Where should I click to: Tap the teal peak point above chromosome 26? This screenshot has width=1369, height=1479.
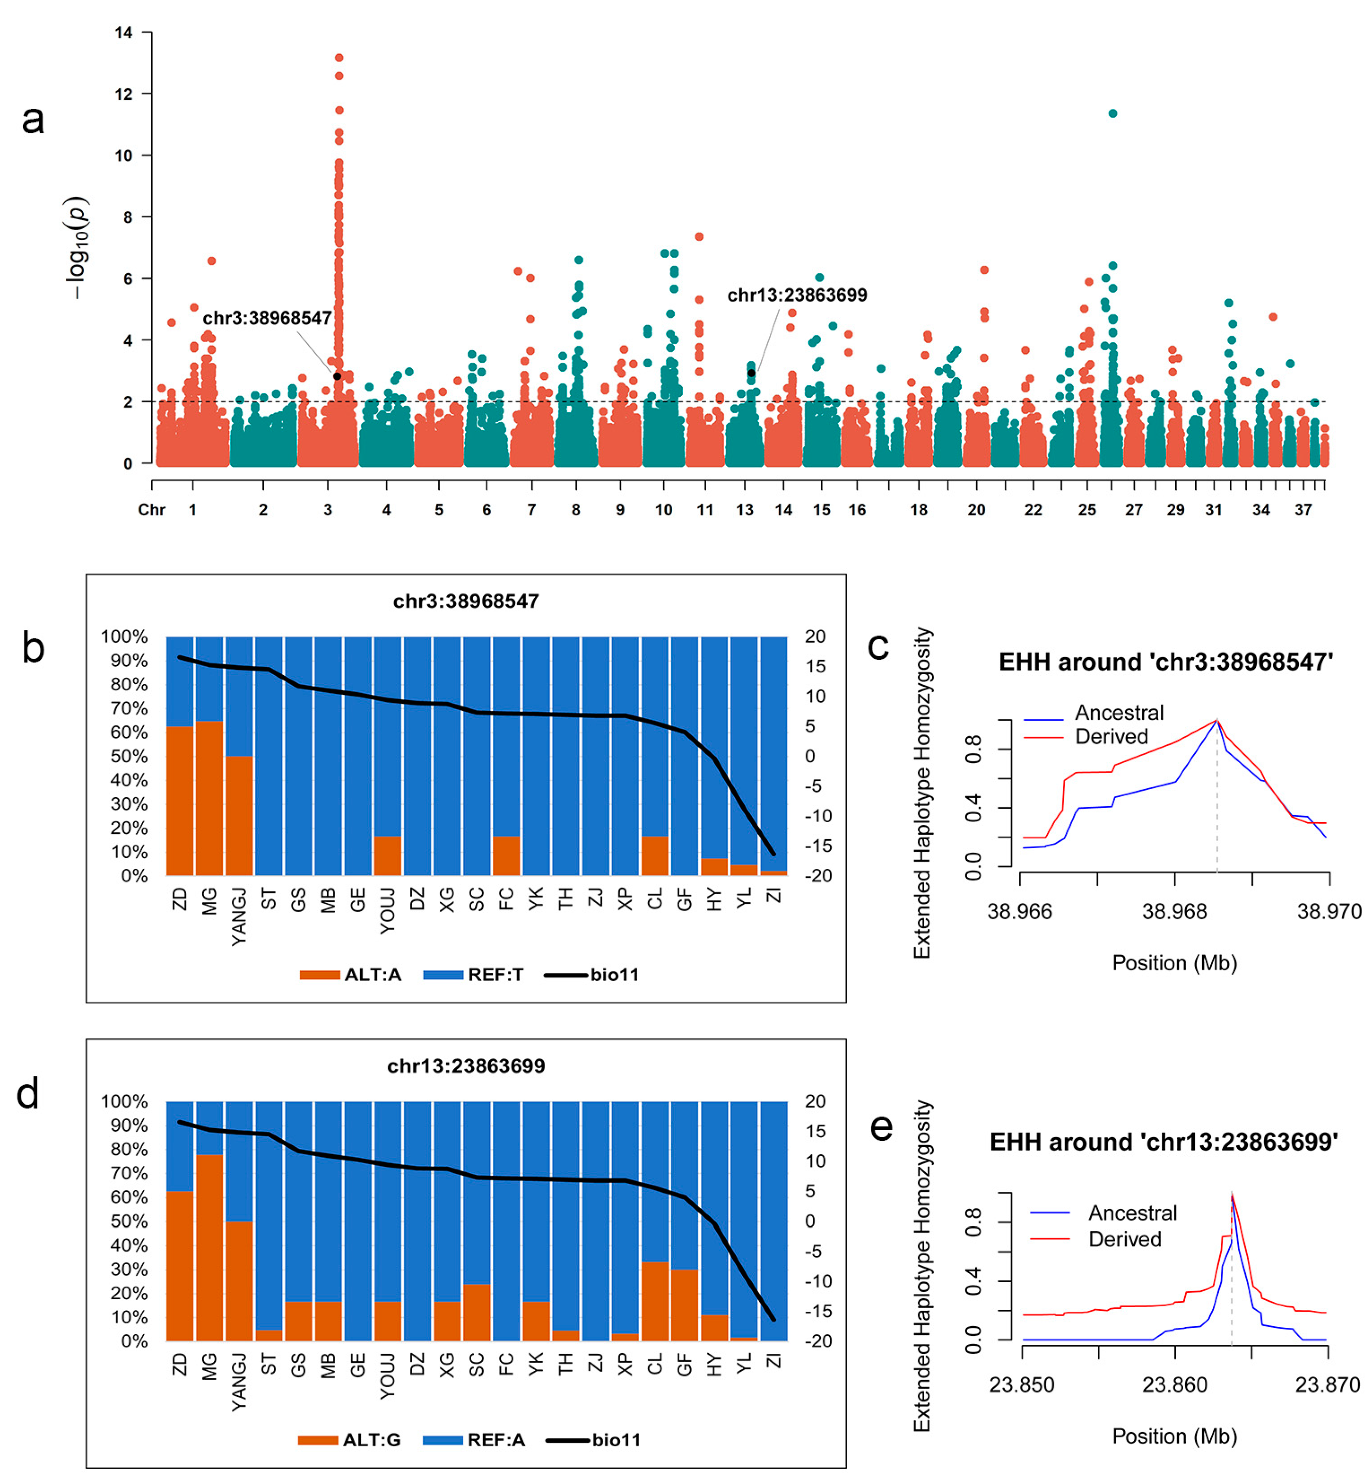coord(1113,113)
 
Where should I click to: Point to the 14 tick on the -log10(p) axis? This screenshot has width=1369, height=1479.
coord(124,33)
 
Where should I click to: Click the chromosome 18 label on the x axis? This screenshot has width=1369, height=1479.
coord(919,510)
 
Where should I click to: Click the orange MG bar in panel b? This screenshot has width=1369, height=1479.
coord(209,798)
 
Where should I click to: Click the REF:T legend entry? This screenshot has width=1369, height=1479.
coord(474,975)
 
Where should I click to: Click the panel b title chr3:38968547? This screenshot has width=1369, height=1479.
coord(466,601)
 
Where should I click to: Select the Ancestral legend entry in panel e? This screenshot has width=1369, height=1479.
coord(1132,1213)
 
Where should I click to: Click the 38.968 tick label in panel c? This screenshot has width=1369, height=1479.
coord(1175,912)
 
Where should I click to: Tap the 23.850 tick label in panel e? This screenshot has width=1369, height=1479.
coord(1022,1385)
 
